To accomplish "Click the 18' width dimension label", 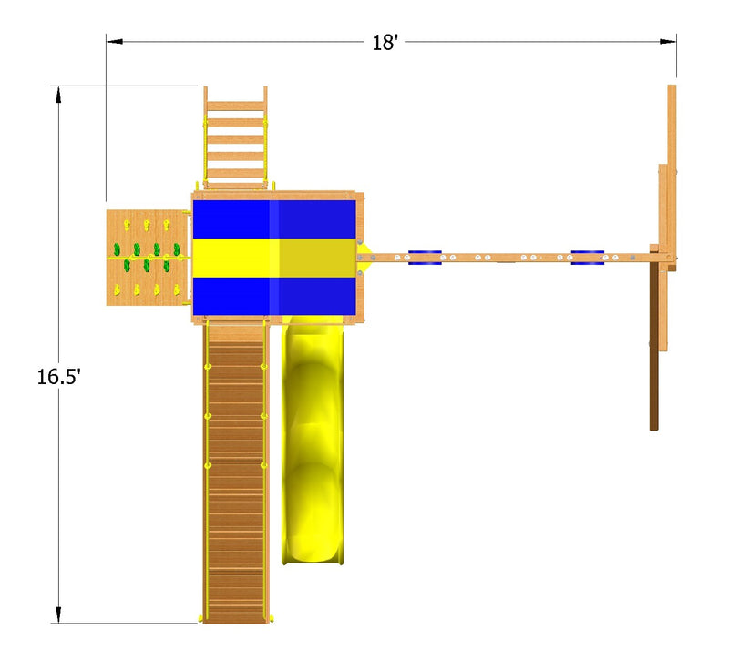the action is click(x=385, y=43).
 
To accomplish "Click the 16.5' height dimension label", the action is click(x=59, y=376).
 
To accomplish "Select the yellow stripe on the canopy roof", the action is click(x=274, y=258).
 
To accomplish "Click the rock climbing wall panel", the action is click(x=148, y=258).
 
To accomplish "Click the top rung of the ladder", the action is click(x=236, y=107).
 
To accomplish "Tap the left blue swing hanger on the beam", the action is click(x=425, y=258).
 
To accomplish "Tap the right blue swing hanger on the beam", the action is click(x=588, y=258).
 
